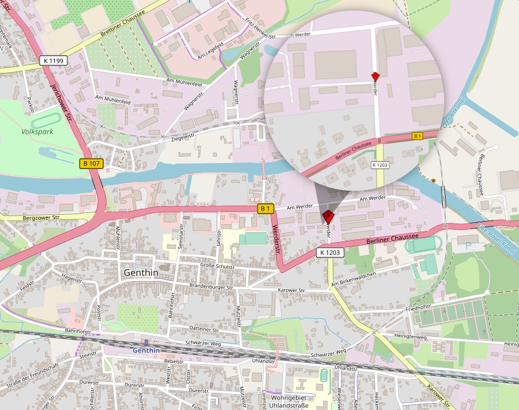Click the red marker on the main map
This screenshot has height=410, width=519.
click(x=329, y=216)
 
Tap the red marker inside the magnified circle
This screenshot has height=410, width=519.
click(x=374, y=76)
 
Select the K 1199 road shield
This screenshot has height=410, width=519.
click(x=54, y=61)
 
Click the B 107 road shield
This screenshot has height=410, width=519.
click(x=91, y=164)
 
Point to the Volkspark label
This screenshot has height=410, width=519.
click(x=36, y=132)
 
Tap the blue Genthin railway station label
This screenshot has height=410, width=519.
click(x=146, y=350)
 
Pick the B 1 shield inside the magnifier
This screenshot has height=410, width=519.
click(x=418, y=135)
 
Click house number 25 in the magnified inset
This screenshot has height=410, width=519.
click(x=360, y=130)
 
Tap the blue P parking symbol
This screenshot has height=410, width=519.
click(x=467, y=245)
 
